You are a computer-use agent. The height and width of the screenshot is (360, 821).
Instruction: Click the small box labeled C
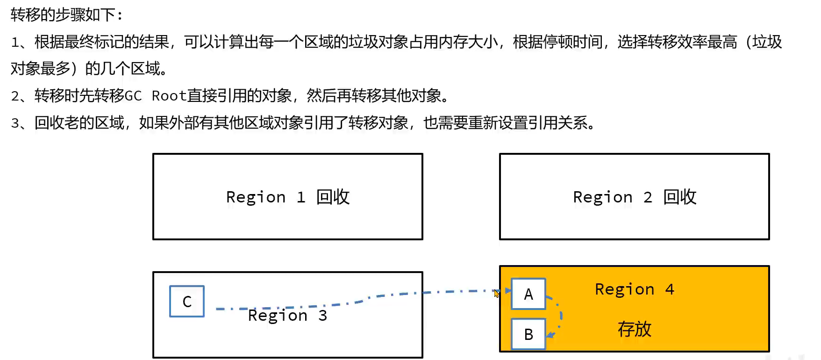[x=187, y=302]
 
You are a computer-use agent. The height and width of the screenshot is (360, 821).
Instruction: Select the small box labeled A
[x=528, y=294]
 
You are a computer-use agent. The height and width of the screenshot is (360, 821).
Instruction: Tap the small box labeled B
[x=528, y=334]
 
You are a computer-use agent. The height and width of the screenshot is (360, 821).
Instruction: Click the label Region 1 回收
[x=287, y=197]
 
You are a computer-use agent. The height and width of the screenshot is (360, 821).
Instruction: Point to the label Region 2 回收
[x=634, y=197]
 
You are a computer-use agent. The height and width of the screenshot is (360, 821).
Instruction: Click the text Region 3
[x=287, y=316]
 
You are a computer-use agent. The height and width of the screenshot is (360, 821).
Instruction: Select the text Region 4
[x=634, y=289]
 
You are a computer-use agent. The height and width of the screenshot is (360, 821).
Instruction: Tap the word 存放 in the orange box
[x=634, y=329]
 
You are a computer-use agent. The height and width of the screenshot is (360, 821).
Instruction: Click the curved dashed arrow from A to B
[x=560, y=314]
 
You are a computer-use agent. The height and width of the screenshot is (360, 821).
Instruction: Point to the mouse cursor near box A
[x=496, y=294]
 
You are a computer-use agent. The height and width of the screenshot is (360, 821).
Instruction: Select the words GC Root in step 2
[x=155, y=96]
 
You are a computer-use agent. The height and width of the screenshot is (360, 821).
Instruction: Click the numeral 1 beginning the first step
[x=15, y=42]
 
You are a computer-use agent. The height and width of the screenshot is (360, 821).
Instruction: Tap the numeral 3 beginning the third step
[x=15, y=123]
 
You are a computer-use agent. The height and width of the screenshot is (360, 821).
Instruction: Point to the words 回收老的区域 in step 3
[x=79, y=123]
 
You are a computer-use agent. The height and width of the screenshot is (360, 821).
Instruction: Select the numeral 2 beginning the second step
[x=15, y=96]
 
